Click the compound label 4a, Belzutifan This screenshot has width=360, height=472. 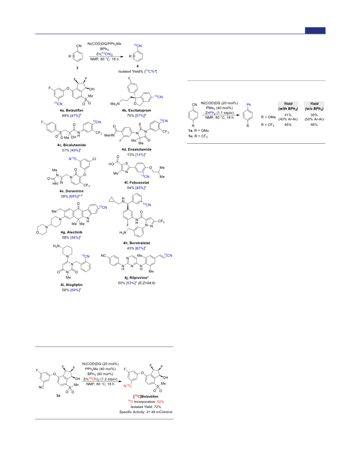[72, 110]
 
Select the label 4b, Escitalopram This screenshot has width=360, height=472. [137, 110]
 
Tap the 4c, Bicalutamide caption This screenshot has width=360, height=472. [72, 145]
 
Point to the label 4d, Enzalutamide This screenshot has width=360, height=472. [137, 149]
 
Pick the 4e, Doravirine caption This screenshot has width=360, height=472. [72, 191]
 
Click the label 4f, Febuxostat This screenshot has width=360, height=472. [137, 183]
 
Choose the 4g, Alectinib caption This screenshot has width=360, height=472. [72, 232]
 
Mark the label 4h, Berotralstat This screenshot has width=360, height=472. [137, 243]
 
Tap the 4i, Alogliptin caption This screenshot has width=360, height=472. [72, 285]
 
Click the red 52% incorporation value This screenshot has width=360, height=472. [160, 401]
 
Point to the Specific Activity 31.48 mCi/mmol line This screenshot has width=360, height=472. [146, 412]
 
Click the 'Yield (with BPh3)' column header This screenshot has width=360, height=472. [288, 106]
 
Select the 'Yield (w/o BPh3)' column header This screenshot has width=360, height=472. [314, 106]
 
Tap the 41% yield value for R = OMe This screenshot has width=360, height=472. [288, 115]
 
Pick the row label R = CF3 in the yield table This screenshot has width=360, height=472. [268, 125]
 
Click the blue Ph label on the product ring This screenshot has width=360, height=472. [249, 105]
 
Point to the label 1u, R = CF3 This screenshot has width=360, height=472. [198, 136]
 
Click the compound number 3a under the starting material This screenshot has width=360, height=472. [58, 395]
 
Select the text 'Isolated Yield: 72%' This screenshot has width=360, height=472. [146, 407]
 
